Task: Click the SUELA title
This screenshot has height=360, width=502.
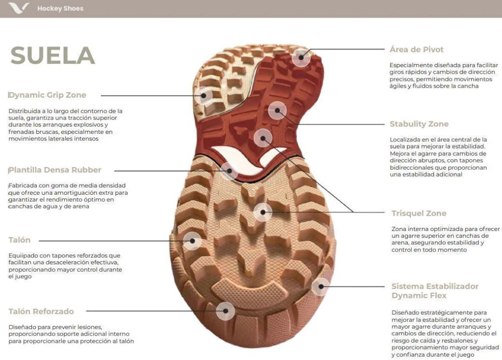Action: point(53,55)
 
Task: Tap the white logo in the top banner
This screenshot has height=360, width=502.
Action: point(19,8)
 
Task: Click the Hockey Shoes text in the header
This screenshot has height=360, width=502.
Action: point(60,9)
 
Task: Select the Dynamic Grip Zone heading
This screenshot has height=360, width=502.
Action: point(48,95)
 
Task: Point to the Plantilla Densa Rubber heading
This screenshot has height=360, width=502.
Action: point(55,170)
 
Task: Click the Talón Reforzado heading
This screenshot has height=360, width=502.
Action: point(41,311)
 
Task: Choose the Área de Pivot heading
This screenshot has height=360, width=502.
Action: point(417,50)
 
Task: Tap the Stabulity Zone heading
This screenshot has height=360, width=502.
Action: point(419,124)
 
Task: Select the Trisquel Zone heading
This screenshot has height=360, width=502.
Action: point(419,213)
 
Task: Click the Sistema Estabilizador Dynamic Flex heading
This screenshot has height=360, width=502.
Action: point(435,291)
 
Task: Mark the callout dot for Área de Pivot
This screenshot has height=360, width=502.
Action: point(301,57)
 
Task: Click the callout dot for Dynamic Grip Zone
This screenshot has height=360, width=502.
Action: point(203,96)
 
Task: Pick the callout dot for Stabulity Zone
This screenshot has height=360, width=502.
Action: point(277,110)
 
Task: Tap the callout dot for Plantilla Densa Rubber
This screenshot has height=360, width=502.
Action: point(229,171)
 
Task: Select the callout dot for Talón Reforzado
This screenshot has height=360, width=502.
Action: point(226,310)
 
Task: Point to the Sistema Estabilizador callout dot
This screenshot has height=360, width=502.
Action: point(321,286)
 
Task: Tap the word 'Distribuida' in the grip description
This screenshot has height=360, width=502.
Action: point(24,111)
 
